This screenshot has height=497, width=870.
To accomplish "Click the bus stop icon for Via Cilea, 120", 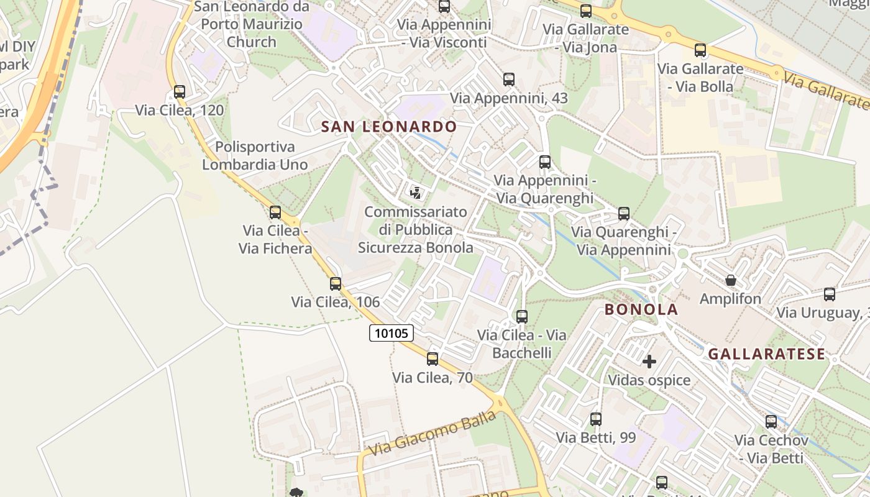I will pyautogui.click(x=180, y=92).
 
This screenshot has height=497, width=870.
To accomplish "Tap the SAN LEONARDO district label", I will pyautogui.click(x=388, y=127).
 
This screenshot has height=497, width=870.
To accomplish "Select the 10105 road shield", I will pyautogui.click(x=391, y=333).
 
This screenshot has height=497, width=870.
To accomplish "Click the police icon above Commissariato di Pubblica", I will pyautogui.click(x=416, y=193).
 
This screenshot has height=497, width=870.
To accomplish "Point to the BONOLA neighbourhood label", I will pyautogui.click(x=641, y=309).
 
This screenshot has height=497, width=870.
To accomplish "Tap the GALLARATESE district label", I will pyautogui.click(x=767, y=354).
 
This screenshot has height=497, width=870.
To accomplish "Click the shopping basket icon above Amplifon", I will pyautogui.click(x=731, y=281).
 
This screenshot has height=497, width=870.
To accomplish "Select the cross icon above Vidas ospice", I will pyautogui.click(x=649, y=362).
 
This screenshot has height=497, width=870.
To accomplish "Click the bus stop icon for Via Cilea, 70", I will pyautogui.click(x=433, y=358).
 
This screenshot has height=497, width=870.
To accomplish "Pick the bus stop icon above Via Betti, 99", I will pyautogui.click(x=596, y=419).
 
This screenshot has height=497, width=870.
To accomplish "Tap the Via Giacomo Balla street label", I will pyautogui.click(x=433, y=432).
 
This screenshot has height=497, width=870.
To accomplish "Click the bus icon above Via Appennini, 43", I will pyautogui.click(x=509, y=80).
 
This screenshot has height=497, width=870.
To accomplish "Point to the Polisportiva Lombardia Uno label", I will pyautogui.click(x=255, y=156).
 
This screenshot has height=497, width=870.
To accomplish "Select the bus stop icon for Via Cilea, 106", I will pyautogui.click(x=336, y=284).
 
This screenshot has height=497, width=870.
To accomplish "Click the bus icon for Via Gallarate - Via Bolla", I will pyautogui.click(x=700, y=50).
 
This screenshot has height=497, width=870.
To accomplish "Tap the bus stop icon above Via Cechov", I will pyautogui.click(x=771, y=422).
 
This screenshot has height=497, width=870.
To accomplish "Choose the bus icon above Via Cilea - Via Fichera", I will pyautogui.click(x=275, y=212).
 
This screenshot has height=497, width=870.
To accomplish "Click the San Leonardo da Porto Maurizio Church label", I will pyautogui.click(x=252, y=25).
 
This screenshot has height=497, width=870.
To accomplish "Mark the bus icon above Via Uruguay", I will pyautogui.click(x=830, y=294).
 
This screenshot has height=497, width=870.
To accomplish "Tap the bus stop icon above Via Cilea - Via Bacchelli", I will pyautogui.click(x=522, y=317).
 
